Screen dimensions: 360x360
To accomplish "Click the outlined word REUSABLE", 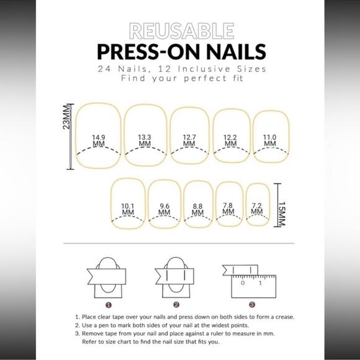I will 180,30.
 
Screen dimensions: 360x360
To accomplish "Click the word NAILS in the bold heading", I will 230,50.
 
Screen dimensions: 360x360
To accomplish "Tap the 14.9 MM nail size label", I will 98,140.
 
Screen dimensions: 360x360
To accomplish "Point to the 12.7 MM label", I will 189,140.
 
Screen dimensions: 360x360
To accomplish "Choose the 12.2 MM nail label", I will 230,140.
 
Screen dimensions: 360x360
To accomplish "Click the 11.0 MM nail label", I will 269,140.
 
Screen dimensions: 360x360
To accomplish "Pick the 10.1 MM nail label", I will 128,209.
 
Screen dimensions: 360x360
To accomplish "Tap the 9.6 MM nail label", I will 164,209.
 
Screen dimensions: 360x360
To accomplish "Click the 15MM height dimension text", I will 283,213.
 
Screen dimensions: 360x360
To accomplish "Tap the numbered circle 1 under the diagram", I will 108,305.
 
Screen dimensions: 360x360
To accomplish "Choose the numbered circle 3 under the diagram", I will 251,305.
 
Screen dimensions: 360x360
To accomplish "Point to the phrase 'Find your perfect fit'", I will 179,79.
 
